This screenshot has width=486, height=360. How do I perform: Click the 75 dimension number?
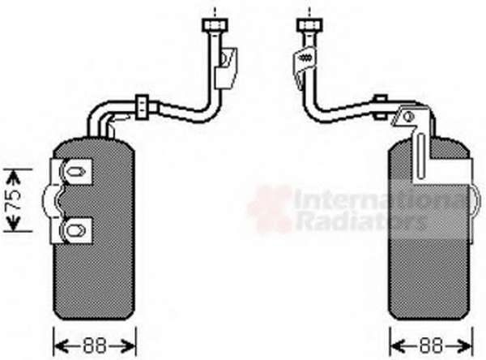(x=15, y=199)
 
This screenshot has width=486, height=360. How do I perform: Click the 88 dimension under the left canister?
(x=95, y=345)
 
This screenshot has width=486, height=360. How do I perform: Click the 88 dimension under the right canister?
(x=432, y=345)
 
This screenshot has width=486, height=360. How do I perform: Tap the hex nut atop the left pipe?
(x=215, y=24)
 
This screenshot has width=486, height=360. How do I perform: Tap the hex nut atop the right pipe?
(x=309, y=24)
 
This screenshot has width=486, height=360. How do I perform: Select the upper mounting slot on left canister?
(x=75, y=171)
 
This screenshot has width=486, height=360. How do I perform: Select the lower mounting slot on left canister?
(x=75, y=230)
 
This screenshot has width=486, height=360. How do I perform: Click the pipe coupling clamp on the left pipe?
(x=143, y=107)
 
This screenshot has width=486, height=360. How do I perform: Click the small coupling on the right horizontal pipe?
(x=381, y=107)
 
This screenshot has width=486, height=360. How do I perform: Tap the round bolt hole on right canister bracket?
(x=409, y=117)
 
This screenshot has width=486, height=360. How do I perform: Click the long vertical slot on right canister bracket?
(x=420, y=156)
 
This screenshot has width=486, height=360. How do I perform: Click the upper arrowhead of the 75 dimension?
(x=13, y=177)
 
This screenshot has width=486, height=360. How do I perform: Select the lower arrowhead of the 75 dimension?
(x=13, y=224)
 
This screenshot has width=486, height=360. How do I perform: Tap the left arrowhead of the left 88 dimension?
(x=62, y=345)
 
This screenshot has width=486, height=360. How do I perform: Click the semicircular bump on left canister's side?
(x=53, y=201)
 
